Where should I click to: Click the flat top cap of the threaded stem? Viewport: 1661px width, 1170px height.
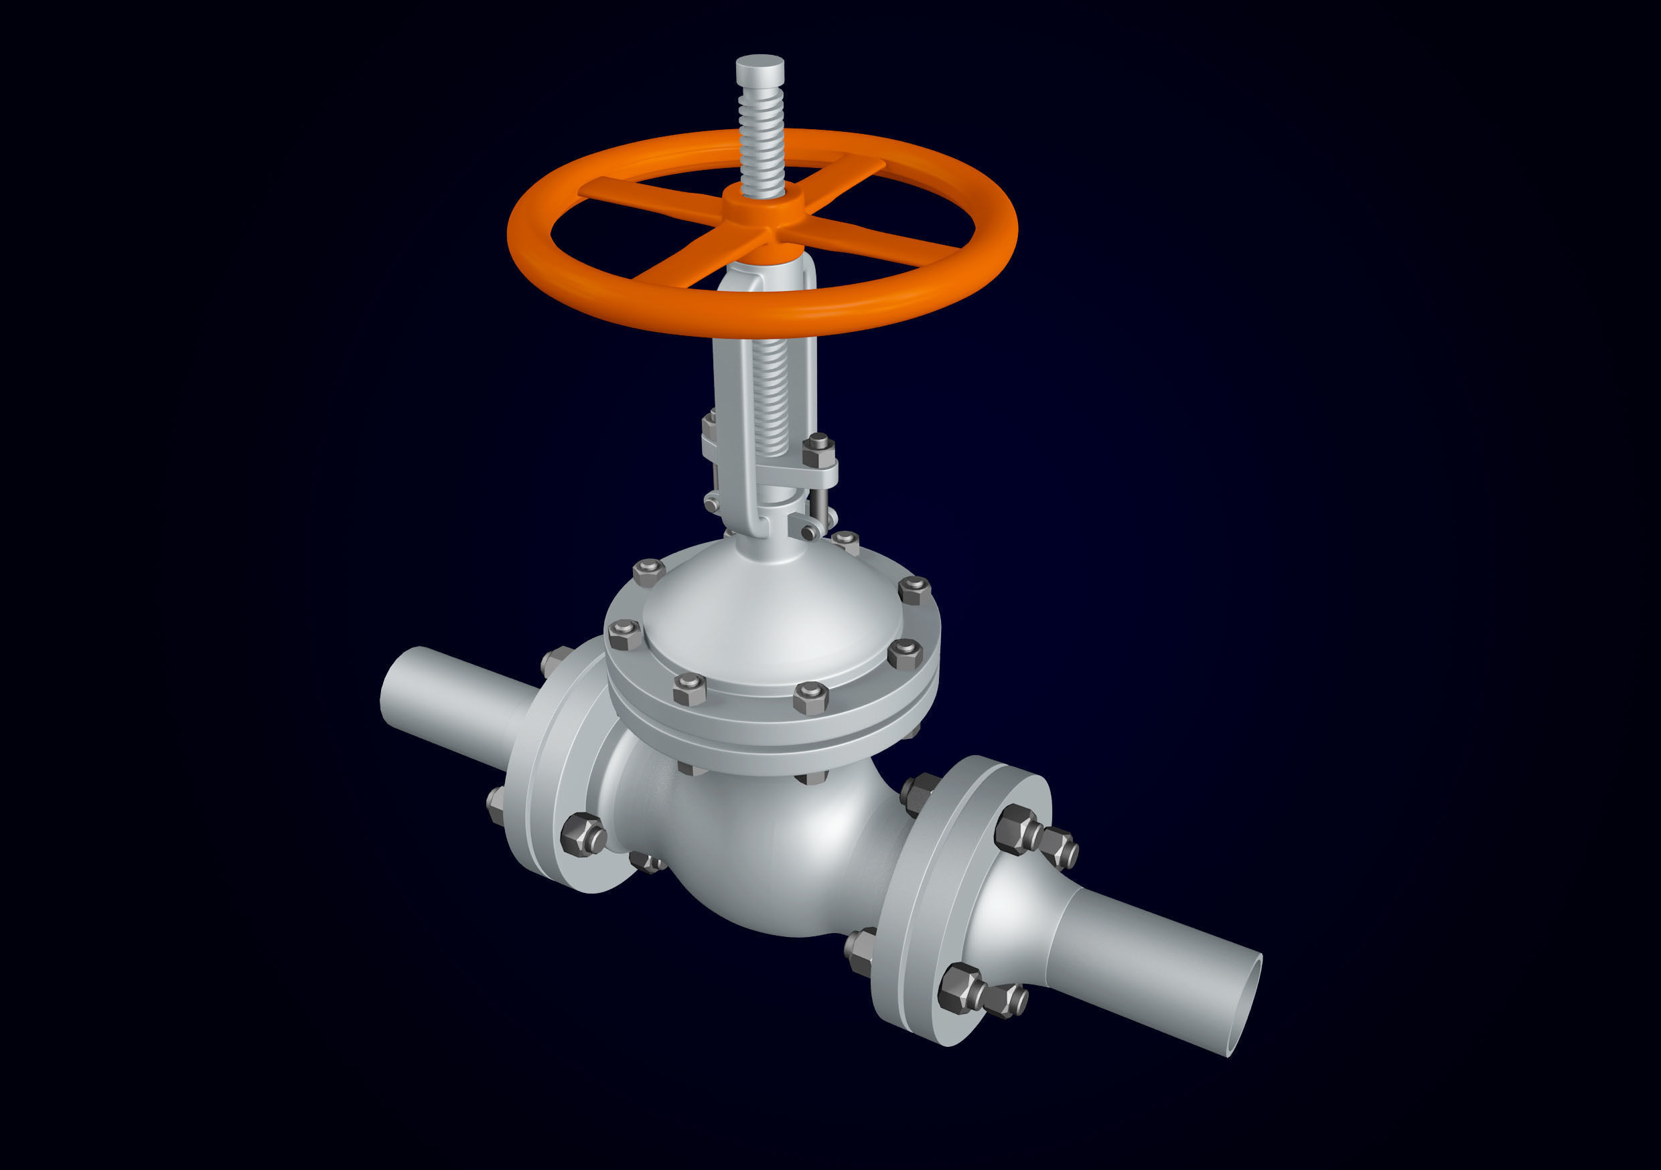tap(759, 64)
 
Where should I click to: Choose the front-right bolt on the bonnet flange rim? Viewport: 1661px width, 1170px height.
tap(810, 698)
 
